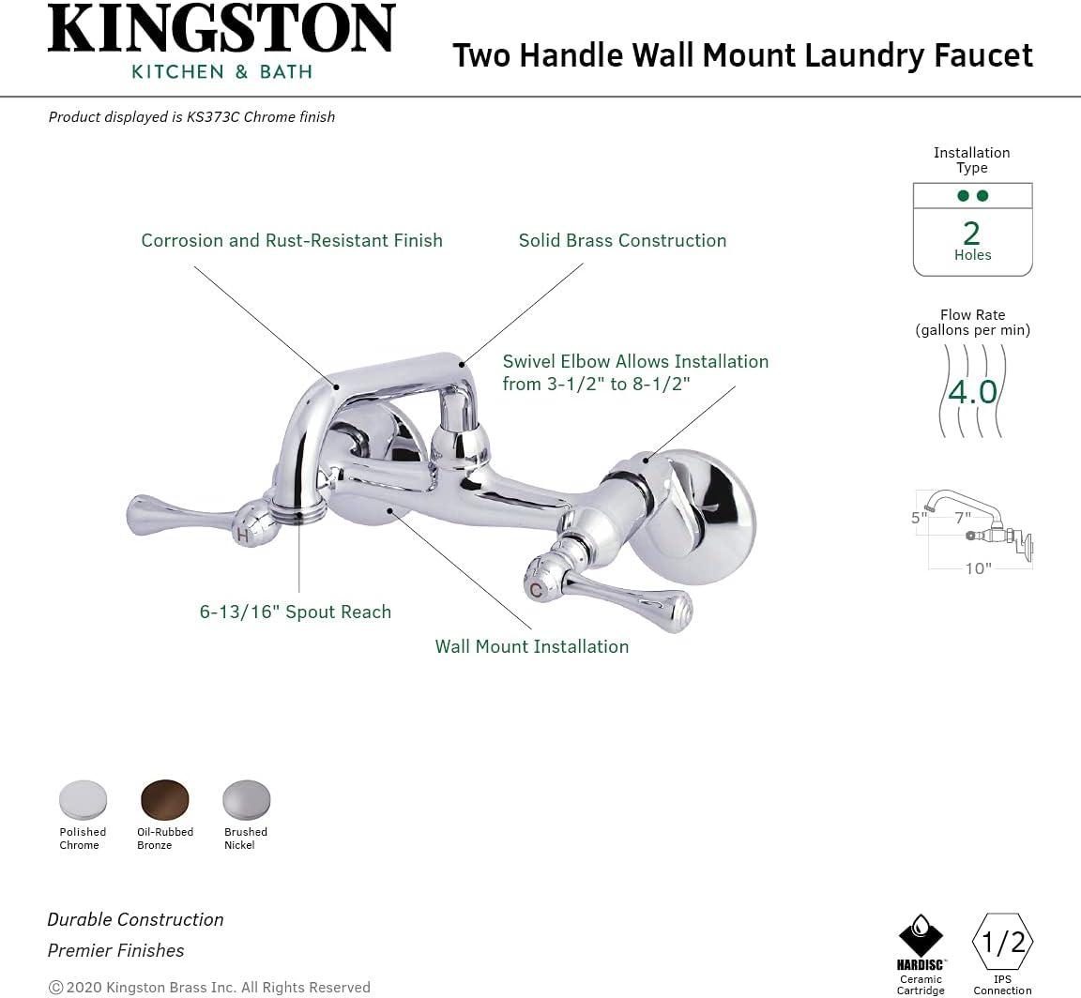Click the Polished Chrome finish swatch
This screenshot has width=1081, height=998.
tap(83, 799)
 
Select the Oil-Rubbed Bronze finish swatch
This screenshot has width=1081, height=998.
tap(165, 799)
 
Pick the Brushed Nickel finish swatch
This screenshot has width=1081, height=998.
tap(246, 799)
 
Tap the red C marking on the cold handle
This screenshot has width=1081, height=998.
tap(536, 590)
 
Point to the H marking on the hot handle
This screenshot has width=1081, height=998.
tap(243, 536)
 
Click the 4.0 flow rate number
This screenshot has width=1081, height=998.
tap(972, 391)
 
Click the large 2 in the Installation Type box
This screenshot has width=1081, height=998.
tap(972, 233)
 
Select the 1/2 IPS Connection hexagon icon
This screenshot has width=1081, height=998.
tap(1002, 942)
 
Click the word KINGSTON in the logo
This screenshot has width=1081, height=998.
tap(221, 30)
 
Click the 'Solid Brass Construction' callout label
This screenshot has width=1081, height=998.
tap(622, 240)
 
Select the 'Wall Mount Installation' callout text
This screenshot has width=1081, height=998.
tap(531, 646)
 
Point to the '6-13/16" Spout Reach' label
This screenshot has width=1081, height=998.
tap(295, 612)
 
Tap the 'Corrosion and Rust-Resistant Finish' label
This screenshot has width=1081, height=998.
tap(292, 240)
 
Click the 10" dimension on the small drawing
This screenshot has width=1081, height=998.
tap(978, 569)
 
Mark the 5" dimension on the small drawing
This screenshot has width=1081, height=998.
tap(919, 517)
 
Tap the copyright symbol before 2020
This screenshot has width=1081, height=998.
tap(55, 987)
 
